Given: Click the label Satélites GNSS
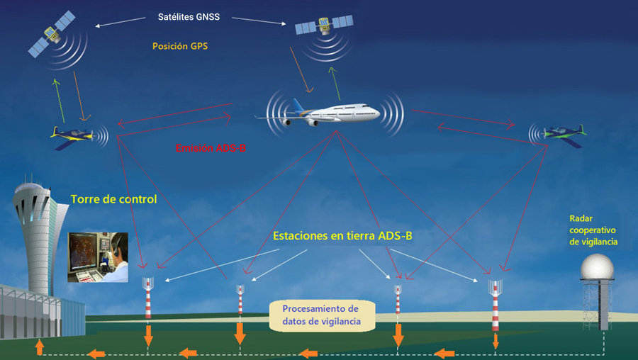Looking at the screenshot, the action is (x=189, y=17).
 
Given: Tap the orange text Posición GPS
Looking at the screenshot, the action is (x=180, y=46).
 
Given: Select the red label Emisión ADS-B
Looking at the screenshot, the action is (x=211, y=149).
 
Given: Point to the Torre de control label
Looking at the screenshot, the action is (x=113, y=199).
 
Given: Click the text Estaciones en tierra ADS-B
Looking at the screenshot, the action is (x=342, y=236).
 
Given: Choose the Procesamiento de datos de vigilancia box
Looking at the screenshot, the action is (x=322, y=315).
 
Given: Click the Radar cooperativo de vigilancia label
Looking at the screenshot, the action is (x=593, y=230).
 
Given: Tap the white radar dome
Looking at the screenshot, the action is (x=597, y=267).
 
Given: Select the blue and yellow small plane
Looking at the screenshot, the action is (x=73, y=136).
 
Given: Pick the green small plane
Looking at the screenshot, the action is (x=565, y=134).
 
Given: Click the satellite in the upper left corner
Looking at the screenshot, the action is (x=52, y=34).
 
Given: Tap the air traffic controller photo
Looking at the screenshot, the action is (x=98, y=257).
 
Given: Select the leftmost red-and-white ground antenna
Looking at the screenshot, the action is (x=148, y=297).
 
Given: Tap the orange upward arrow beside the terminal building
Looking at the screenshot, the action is (x=40, y=347).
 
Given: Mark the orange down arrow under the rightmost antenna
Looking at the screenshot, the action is (x=496, y=342).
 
